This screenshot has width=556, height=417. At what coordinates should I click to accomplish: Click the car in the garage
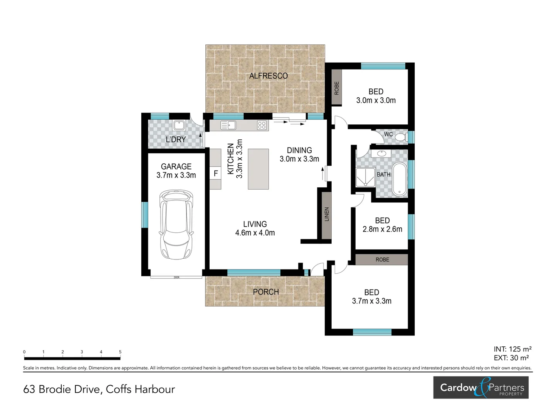coord(176,225)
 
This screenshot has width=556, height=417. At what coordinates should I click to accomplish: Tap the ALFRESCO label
coord(268,76)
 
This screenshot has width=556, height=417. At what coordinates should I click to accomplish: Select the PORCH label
coord(266,292)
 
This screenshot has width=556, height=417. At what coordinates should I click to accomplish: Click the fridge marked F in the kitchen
coord(215,174)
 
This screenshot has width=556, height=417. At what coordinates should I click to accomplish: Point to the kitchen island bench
coord(258,169)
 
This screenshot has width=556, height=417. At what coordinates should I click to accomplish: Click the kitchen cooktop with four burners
coord(262,125)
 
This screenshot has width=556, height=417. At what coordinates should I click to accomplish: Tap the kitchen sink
coord(228,125)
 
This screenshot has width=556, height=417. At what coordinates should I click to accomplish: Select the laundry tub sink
coord(179,125)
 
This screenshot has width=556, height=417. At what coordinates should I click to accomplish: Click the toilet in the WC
coord(401,137)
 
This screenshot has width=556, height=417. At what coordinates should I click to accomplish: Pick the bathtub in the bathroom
coord(399,180)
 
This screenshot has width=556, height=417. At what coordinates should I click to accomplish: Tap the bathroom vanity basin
coord(381,154)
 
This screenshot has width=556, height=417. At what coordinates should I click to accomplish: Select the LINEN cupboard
coord(327,214)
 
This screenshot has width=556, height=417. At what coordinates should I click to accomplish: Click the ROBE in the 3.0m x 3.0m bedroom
coord(337,88)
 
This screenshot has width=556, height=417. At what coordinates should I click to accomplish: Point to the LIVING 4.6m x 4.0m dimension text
coord(255,233)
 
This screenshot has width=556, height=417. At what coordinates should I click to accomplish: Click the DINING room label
coord(299,150)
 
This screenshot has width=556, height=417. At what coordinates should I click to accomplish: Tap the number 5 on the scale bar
coord(120,352)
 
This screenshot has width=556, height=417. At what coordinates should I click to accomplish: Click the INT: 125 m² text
coord(512,349)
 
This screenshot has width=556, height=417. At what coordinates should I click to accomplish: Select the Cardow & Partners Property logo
coord(481,388)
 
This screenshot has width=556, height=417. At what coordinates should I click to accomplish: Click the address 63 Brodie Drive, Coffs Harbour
coord(99,389)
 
